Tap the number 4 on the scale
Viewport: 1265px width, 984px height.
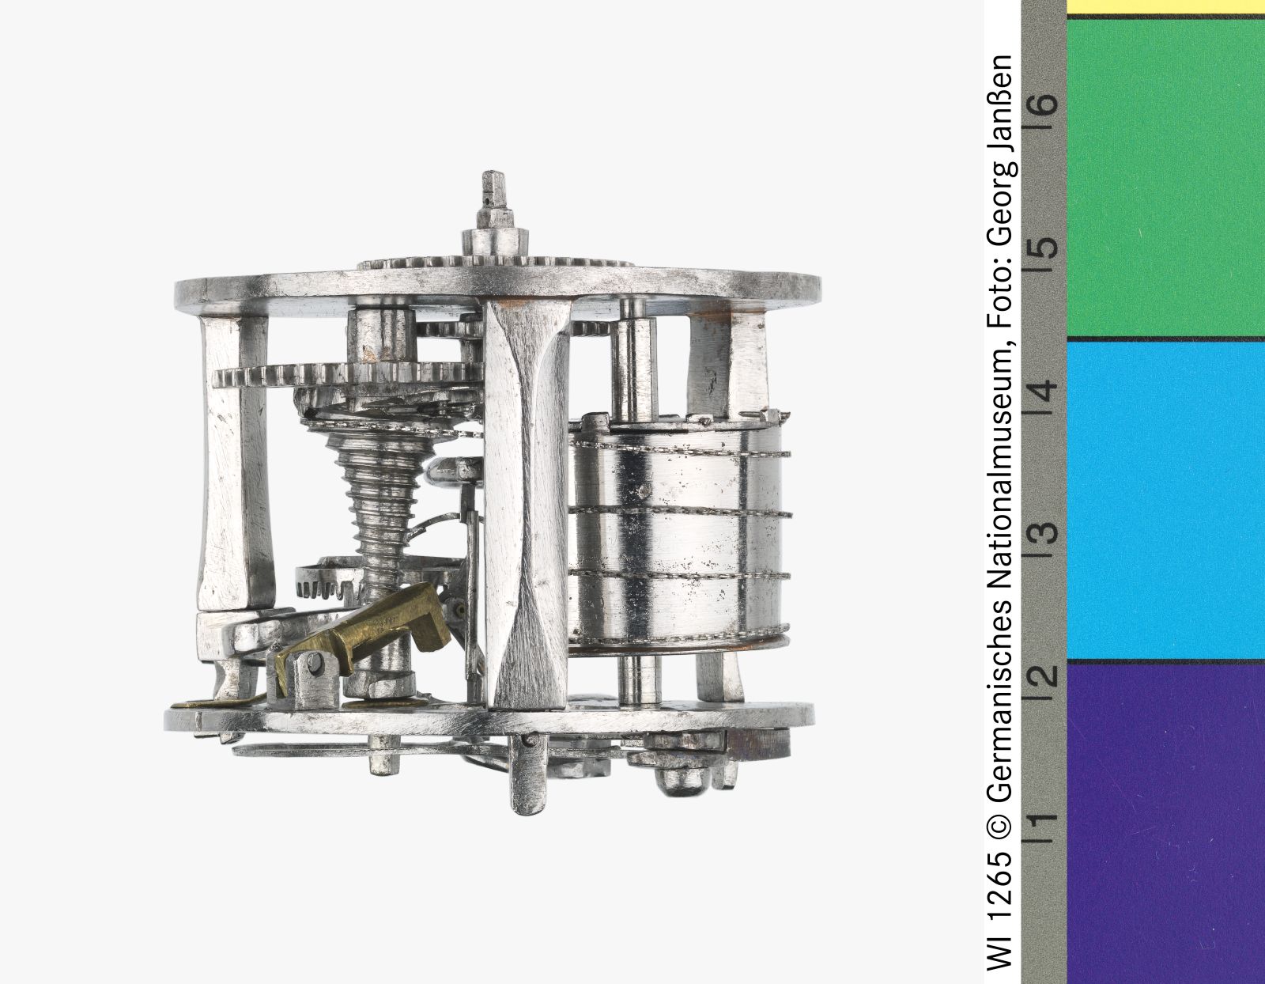(1044, 389)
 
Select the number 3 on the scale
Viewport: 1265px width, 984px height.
(1044, 532)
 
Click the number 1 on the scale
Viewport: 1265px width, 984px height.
(1044, 819)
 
